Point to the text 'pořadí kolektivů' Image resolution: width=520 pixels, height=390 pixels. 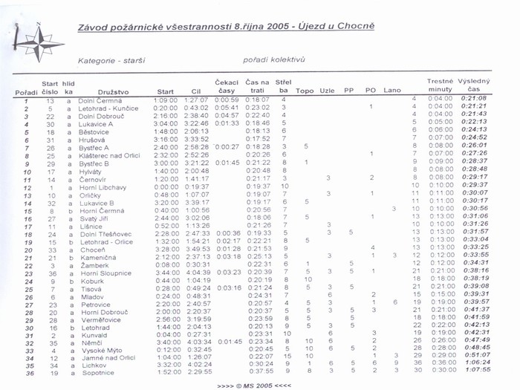tap(274, 59)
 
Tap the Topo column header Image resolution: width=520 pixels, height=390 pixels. tap(305, 91)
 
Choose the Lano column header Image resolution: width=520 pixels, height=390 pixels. tap(392, 91)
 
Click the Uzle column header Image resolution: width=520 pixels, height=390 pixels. tap(326, 91)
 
